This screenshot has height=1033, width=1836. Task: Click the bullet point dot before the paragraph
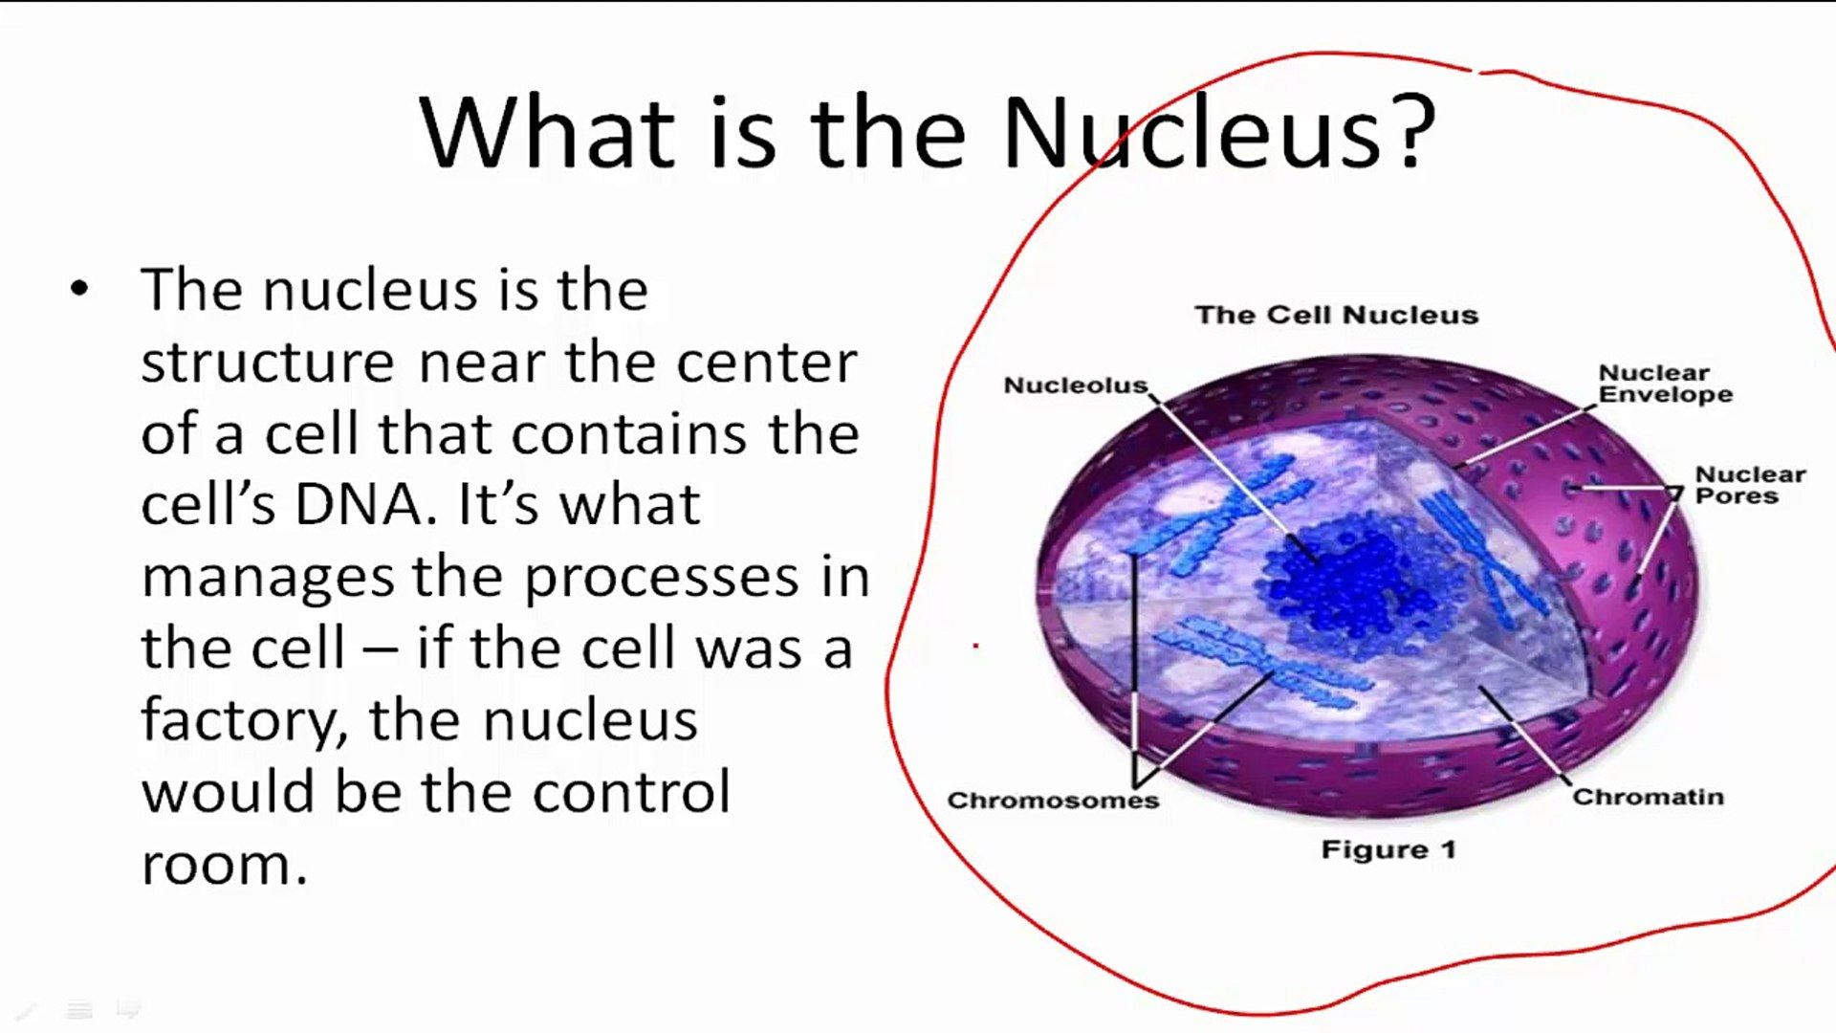[x=79, y=289]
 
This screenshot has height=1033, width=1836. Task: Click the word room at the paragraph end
[x=224, y=866]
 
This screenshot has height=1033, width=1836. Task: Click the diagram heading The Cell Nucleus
[x=1336, y=315]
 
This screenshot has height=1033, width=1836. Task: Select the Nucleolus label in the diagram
[x=1076, y=385]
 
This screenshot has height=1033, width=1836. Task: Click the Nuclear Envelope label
[x=1665, y=384]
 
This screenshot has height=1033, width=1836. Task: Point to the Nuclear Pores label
[x=1750, y=485]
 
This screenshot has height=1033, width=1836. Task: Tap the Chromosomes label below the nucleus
[x=1053, y=800]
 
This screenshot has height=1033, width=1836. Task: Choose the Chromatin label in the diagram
[x=1648, y=797]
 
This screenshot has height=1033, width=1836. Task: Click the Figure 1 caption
[x=1388, y=849]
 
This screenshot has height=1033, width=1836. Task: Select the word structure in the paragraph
[x=268, y=363]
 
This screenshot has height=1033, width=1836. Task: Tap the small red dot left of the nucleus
[x=975, y=647]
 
